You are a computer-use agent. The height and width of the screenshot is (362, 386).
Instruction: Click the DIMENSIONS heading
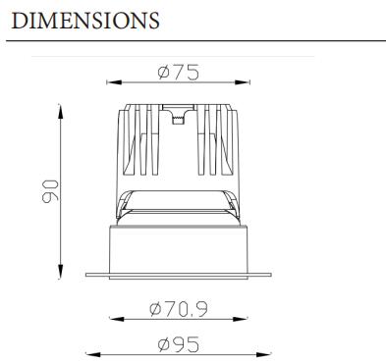click(x=85, y=21)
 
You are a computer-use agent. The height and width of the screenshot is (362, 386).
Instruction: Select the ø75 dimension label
click(x=178, y=73)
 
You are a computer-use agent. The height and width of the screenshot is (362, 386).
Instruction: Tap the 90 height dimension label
click(x=50, y=191)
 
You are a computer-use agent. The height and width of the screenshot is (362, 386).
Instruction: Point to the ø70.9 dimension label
click(x=179, y=309)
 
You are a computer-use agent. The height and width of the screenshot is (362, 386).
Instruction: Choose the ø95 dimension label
click(x=178, y=344)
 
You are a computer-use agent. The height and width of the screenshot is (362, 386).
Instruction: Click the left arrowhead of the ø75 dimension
click(x=114, y=82)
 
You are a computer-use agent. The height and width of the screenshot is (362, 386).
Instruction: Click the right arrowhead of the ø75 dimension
click(x=243, y=82)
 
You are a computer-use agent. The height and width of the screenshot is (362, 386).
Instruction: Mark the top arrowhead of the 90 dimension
click(x=60, y=112)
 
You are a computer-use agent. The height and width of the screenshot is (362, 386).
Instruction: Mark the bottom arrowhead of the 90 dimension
click(x=60, y=272)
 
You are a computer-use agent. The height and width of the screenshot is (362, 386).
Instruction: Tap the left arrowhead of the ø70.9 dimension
click(x=117, y=319)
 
